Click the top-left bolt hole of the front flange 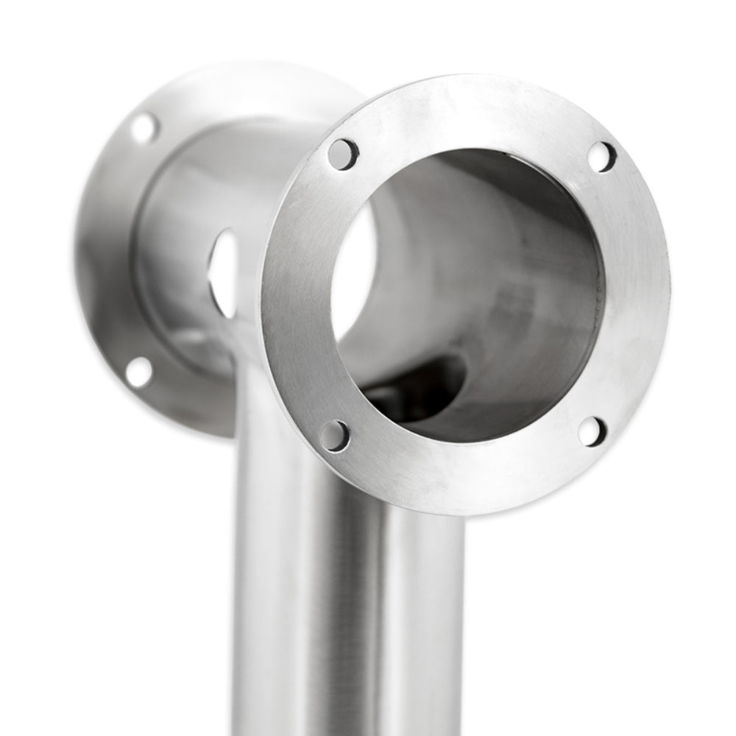click(x=343, y=155)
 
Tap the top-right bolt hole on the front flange click(x=601, y=157)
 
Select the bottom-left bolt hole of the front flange click(x=335, y=435)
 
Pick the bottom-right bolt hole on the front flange click(x=592, y=431)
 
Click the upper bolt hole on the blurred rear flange click(x=144, y=128)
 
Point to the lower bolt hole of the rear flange click(x=139, y=372)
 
